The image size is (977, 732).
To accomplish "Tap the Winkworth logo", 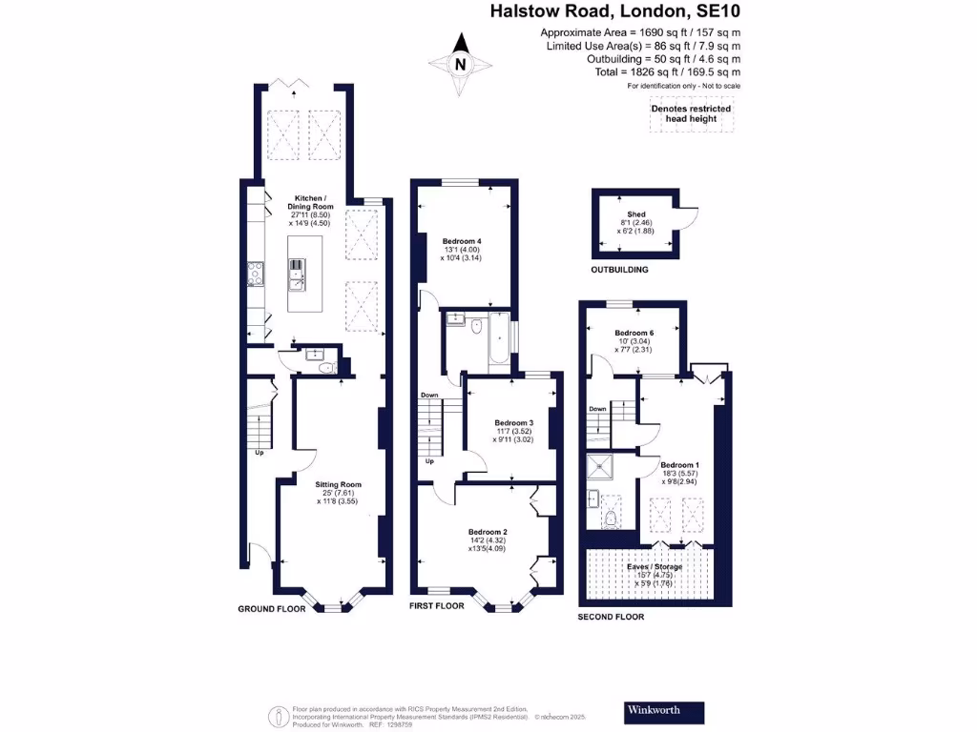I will (664, 711).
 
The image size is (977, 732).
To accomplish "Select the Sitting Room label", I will (339, 484).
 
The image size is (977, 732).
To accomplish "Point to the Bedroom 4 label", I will (463, 241).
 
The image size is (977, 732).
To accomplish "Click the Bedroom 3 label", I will (513, 422).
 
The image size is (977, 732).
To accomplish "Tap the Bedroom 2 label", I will (488, 532).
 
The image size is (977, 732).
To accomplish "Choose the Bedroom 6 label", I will (634, 333).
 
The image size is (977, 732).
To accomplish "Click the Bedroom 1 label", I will (680, 464).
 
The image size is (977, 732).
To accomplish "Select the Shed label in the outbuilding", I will (636, 215).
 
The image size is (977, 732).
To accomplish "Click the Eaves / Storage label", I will (655, 566).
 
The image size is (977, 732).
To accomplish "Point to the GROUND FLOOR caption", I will (271, 608).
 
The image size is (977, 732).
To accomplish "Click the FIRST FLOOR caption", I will (436, 605).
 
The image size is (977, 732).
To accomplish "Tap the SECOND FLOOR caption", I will (611, 617).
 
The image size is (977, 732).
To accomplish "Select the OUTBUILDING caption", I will (619, 270).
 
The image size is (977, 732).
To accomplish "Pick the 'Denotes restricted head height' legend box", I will (691, 113).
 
